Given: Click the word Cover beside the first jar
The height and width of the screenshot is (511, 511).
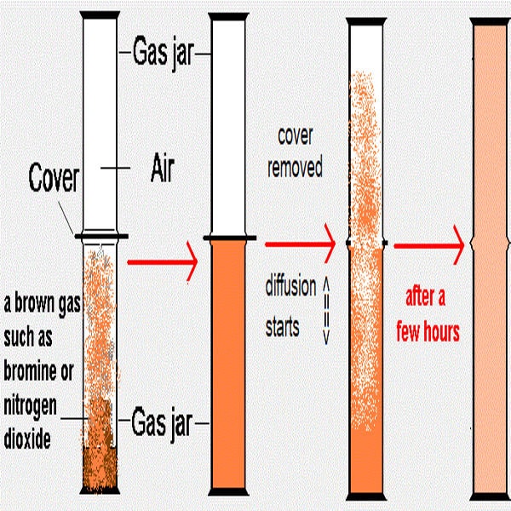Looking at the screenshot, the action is pos(54,179).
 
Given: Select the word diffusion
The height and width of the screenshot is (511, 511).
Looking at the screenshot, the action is pos(290,284).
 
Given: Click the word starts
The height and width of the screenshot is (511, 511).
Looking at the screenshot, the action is pos(284,326).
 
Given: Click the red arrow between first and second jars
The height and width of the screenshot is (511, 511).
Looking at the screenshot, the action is pos(162,262).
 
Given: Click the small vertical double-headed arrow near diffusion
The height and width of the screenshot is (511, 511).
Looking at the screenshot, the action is pos(325,311).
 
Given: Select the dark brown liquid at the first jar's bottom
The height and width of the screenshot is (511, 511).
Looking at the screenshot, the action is pos(100,468).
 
